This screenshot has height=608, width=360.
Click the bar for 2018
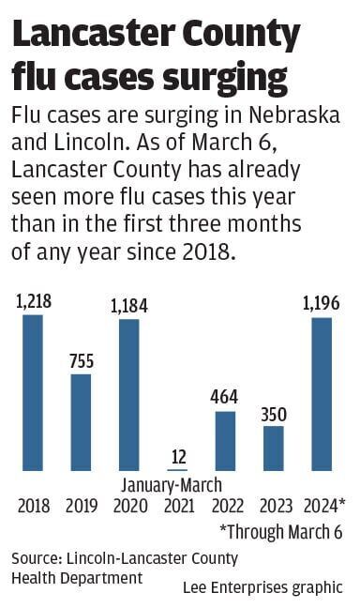click(x=33, y=392)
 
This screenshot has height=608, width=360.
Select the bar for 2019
click(x=82, y=422)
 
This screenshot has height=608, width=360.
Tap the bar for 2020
click(x=129, y=394)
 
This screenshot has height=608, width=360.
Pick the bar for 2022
click(x=226, y=440)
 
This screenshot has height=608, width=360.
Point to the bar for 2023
click(x=274, y=448)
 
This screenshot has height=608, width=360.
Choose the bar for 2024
click(x=322, y=394)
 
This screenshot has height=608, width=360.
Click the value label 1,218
click(x=33, y=302)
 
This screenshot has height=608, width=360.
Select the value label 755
click(x=82, y=362)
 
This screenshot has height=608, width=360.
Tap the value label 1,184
click(x=129, y=306)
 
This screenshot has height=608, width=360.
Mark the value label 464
click(x=226, y=398)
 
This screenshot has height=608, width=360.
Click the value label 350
click(x=274, y=413)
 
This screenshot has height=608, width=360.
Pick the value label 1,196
click(x=322, y=304)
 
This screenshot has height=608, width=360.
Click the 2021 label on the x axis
click(x=177, y=506)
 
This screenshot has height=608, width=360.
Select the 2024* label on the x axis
click(x=324, y=506)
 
